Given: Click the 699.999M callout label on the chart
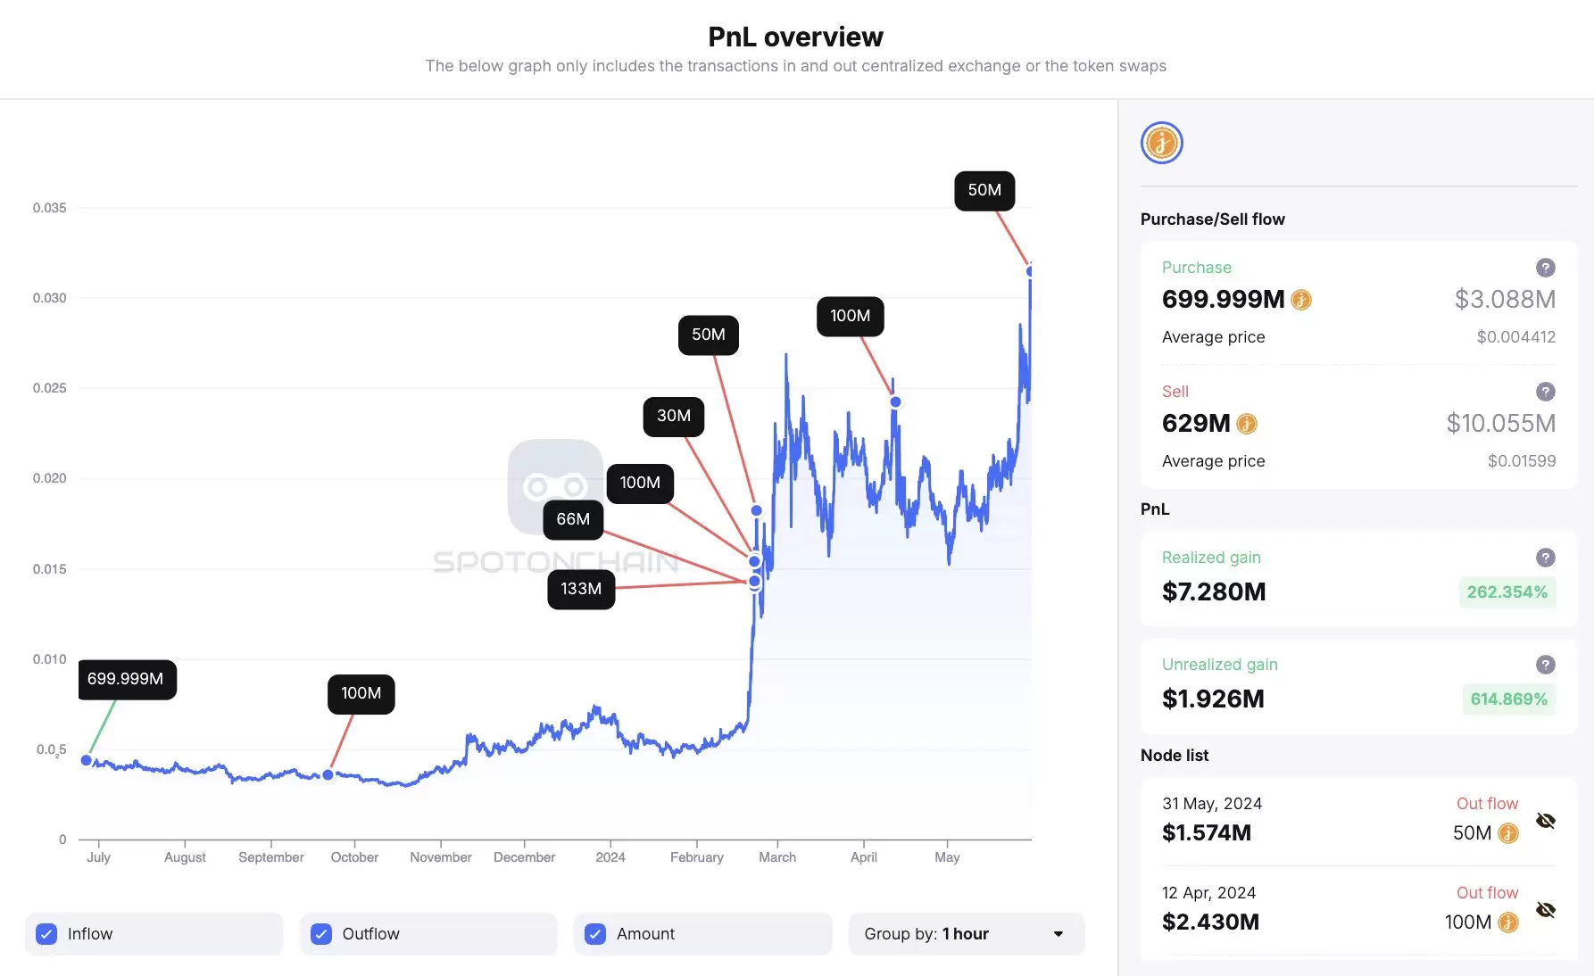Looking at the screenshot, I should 126,679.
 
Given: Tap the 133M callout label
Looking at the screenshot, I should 581,589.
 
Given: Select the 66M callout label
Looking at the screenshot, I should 573,519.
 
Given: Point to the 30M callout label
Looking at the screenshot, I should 674,416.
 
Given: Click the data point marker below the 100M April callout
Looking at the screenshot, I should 895,402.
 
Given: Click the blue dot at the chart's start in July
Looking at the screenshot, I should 87,760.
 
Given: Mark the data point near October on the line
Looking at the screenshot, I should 328,774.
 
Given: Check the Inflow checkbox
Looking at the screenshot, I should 46,934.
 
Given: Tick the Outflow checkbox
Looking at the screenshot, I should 321,934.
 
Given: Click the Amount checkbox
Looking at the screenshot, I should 595,934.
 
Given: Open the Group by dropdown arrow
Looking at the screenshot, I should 1059,934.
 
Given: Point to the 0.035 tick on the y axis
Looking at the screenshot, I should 50,208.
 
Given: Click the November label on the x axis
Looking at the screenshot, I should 441,857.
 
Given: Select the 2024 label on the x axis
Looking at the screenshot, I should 610,857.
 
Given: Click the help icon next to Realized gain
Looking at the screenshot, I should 1546,558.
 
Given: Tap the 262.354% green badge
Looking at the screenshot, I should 1507,592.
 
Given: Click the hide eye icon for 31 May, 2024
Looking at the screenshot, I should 1546,821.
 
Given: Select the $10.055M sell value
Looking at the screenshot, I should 1501,424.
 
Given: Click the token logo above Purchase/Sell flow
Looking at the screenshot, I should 1162,143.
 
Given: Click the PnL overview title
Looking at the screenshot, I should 796,37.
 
